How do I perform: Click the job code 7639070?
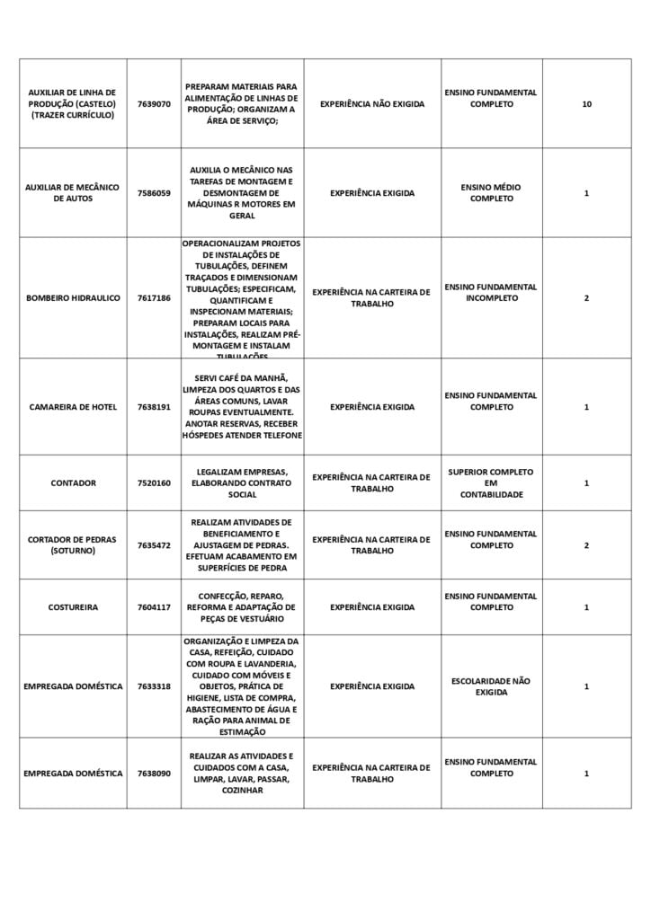click(154, 104)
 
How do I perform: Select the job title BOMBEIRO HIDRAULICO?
click(72, 297)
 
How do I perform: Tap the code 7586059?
click(154, 193)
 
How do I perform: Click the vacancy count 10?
click(586, 104)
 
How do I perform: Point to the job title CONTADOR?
click(72, 483)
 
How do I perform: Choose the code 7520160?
click(154, 483)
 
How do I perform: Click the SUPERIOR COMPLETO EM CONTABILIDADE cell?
click(491, 483)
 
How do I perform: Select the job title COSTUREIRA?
click(72, 607)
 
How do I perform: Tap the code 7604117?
click(154, 607)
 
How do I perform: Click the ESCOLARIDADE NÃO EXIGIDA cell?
click(491, 686)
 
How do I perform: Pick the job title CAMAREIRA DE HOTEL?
click(72, 407)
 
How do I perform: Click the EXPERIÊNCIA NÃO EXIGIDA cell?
click(371, 104)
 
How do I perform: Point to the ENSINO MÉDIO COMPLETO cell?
click(491, 193)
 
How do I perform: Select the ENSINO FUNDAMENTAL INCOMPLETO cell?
click(491, 292)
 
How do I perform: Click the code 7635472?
click(154, 545)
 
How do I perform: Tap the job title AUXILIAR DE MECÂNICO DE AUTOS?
click(72, 193)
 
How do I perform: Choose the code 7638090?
click(154, 774)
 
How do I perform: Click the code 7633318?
click(154, 686)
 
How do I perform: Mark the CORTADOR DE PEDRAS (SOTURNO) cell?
click(72, 545)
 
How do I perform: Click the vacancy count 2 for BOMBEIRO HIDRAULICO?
click(586, 297)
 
